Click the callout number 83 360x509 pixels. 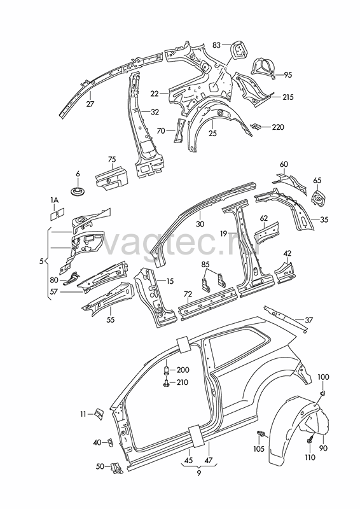[x=217, y=45]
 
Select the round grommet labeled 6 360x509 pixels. [x=78, y=190]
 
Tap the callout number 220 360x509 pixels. [x=278, y=127]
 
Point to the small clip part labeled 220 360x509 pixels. [x=256, y=126]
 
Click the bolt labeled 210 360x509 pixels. [x=166, y=383]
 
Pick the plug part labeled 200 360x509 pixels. [x=166, y=371]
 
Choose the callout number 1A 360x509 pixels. [x=54, y=200]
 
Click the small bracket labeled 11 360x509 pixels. [x=99, y=414]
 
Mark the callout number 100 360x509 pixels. [x=323, y=377]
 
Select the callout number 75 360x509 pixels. [x=112, y=160]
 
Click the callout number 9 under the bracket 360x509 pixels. [x=198, y=473]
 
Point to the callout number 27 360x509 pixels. [x=90, y=104]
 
